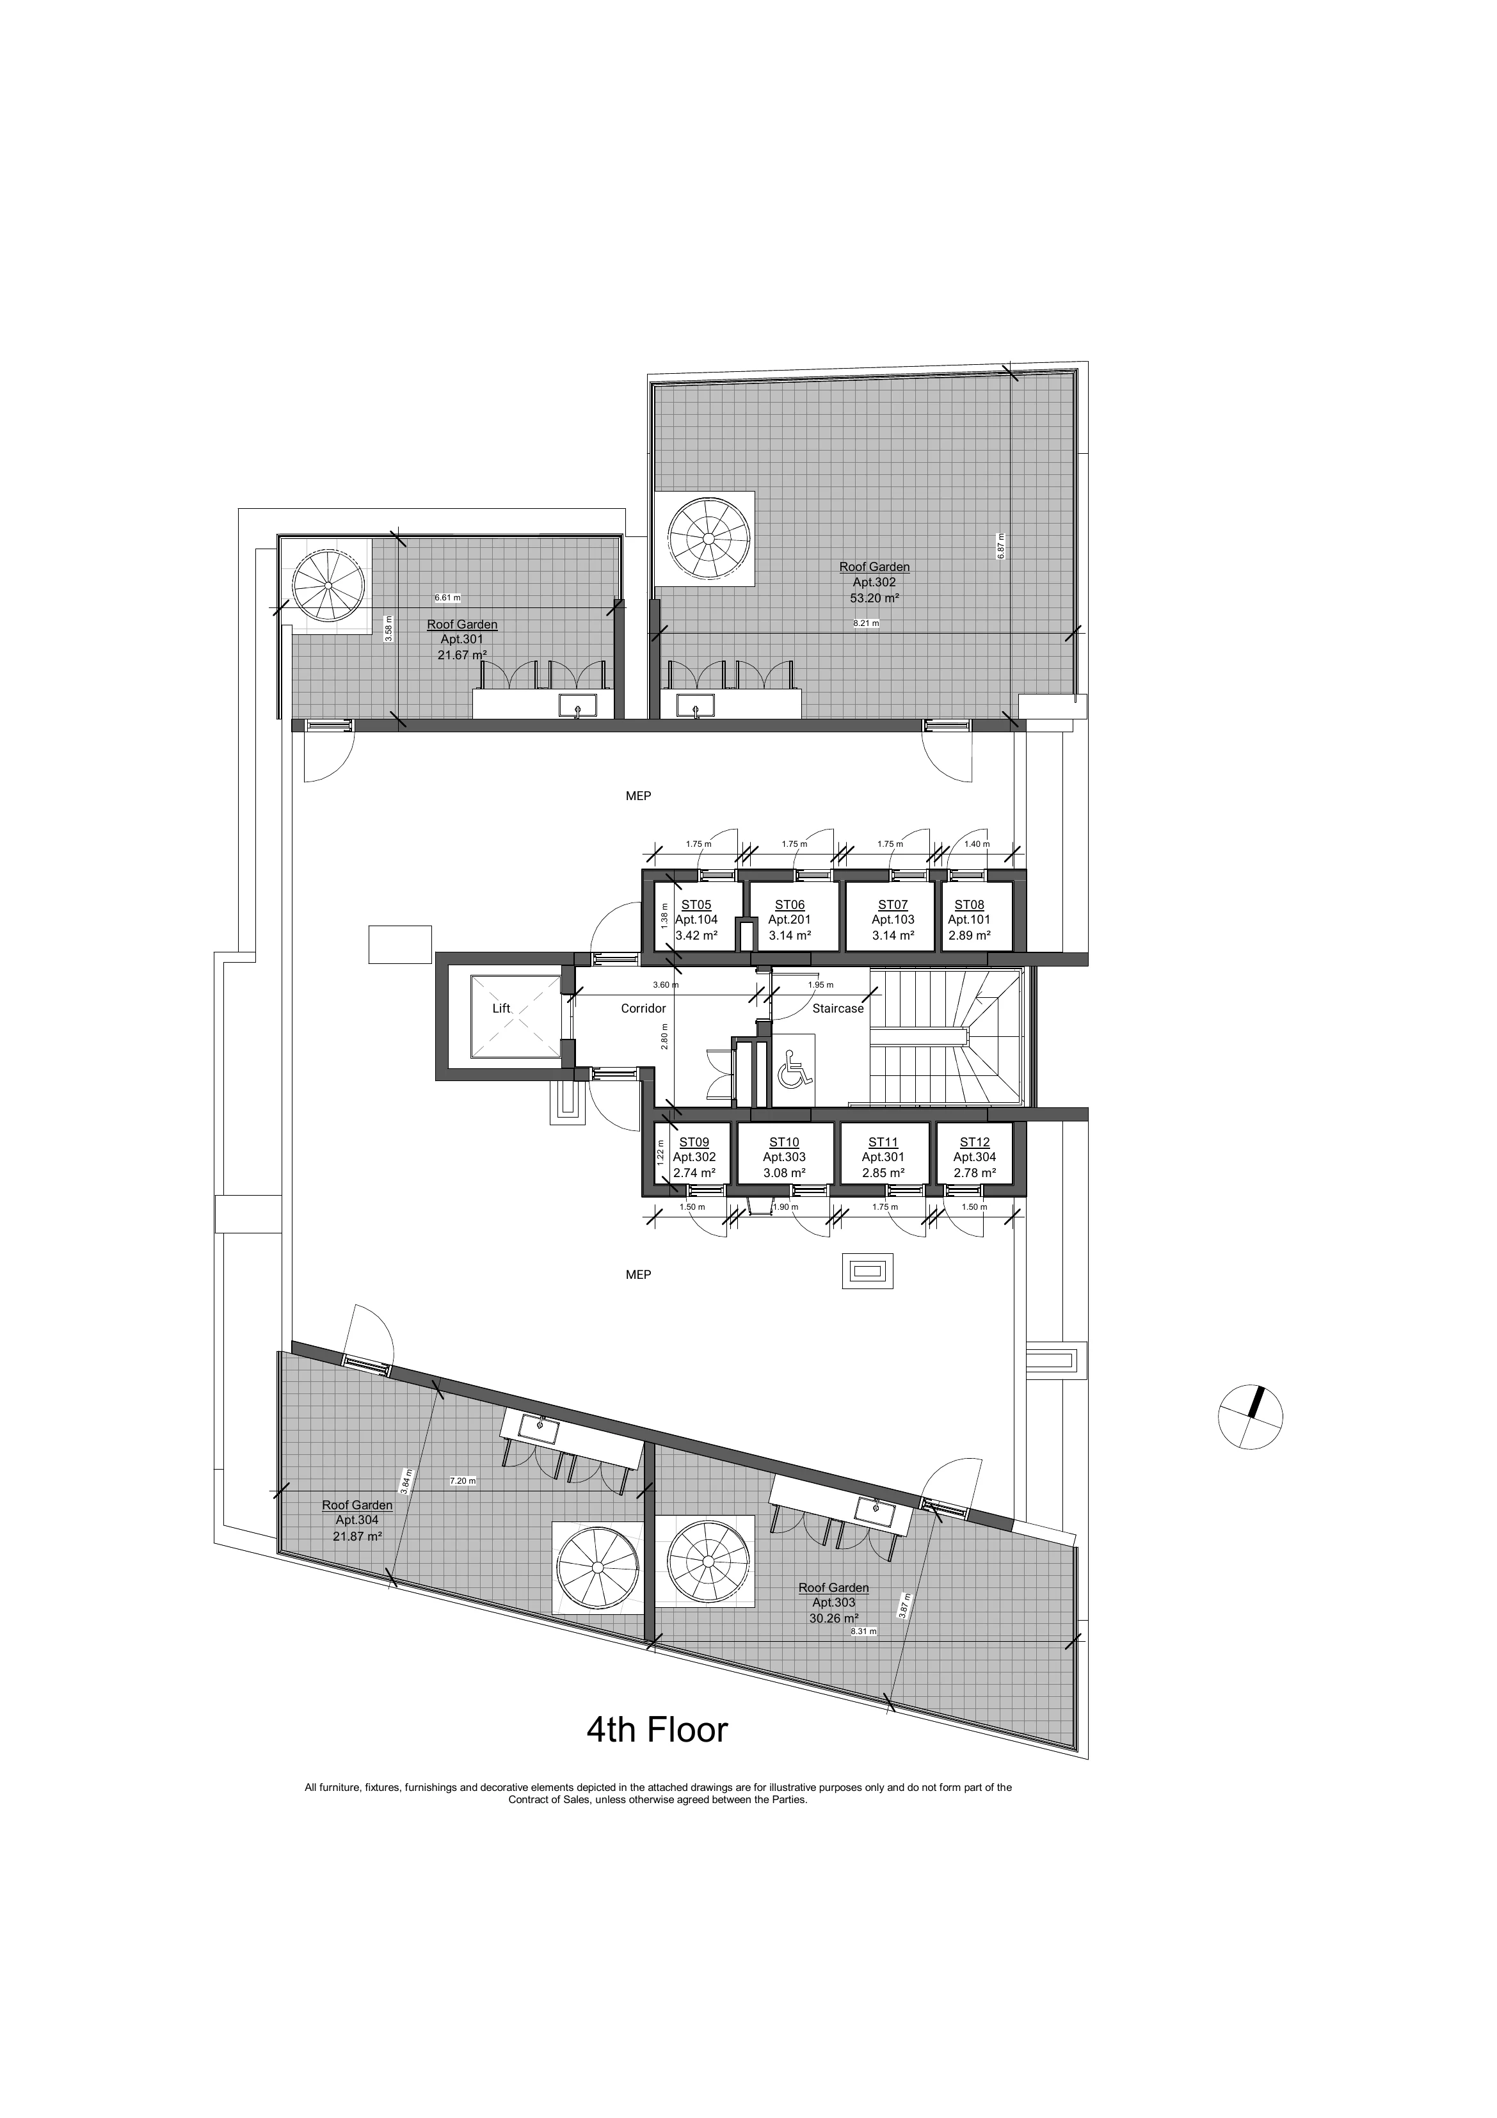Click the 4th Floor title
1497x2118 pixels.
[x=657, y=1729]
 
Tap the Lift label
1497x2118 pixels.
[x=501, y=1008]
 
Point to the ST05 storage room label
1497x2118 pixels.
[x=696, y=905]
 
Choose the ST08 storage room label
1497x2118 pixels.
[x=970, y=905]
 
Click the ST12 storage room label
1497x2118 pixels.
[x=975, y=1142]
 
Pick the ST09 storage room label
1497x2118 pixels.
[x=694, y=1142]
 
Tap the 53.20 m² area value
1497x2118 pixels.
[x=874, y=598]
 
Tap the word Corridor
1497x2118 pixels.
[x=643, y=1008]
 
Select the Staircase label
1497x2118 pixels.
[x=838, y=1008]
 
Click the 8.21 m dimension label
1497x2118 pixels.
[x=866, y=623]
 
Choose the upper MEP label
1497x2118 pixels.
[x=638, y=795]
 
